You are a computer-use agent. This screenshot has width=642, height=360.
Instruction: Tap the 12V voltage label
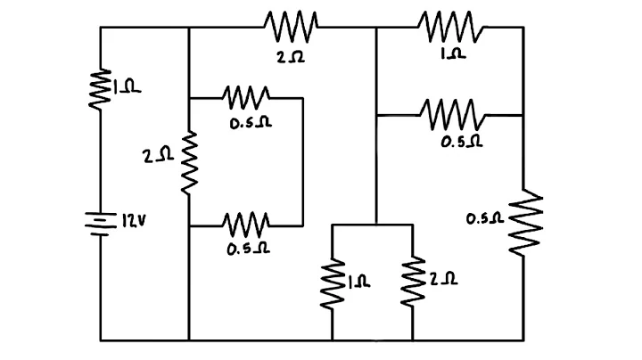[x=129, y=219]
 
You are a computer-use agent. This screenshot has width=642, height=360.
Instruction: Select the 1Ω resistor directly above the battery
[x=100, y=89]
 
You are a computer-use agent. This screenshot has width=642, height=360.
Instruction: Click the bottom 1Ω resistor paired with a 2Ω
[x=333, y=283]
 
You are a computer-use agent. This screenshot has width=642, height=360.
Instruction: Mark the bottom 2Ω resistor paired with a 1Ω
[x=412, y=283]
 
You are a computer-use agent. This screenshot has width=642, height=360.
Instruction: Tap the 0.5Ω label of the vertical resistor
[x=485, y=217]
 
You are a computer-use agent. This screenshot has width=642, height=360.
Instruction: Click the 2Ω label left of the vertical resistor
[x=157, y=155]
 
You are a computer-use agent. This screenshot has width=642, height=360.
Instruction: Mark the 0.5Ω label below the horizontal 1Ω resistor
[x=462, y=141]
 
